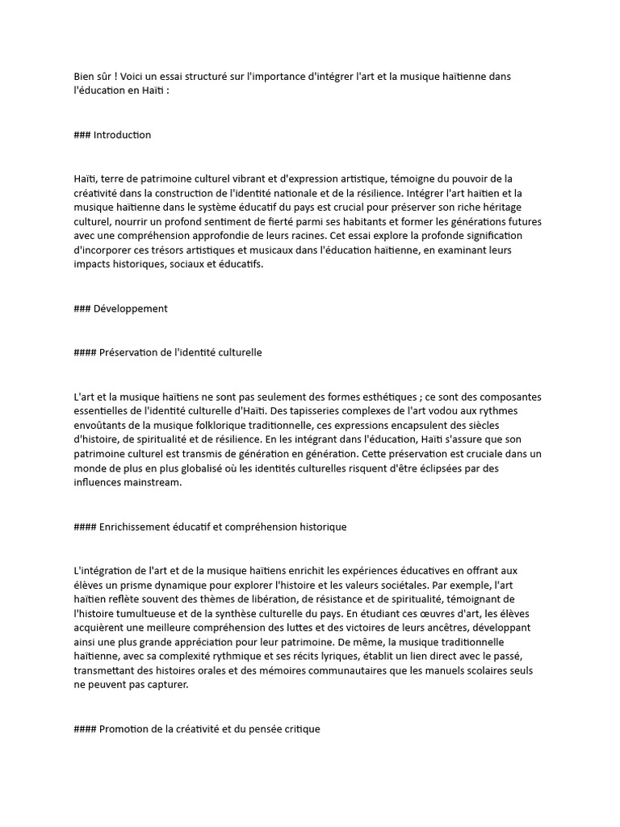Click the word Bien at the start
83,77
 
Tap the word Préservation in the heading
128,352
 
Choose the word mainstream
153,483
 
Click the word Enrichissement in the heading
136,527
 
